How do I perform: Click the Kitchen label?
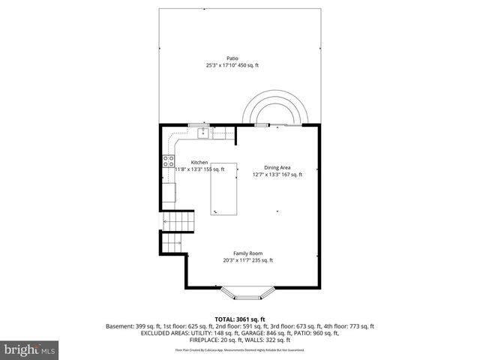pyautogui.click(x=199, y=162)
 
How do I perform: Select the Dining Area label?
pyautogui.click(x=277, y=167)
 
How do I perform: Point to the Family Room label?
pyautogui.click(x=247, y=253)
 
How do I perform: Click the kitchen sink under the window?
pyautogui.click(x=202, y=133)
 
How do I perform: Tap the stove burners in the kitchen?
pyautogui.click(x=169, y=160)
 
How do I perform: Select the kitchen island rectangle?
pyautogui.click(x=223, y=190)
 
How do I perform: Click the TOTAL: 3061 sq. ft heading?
pyautogui.click(x=240, y=319)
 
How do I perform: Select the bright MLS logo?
pyautogui.click(x=28, y=349)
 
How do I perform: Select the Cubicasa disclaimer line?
pyautogui.click(x=240, y=349)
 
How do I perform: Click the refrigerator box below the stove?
pyautogui.click(x=169, y=190)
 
